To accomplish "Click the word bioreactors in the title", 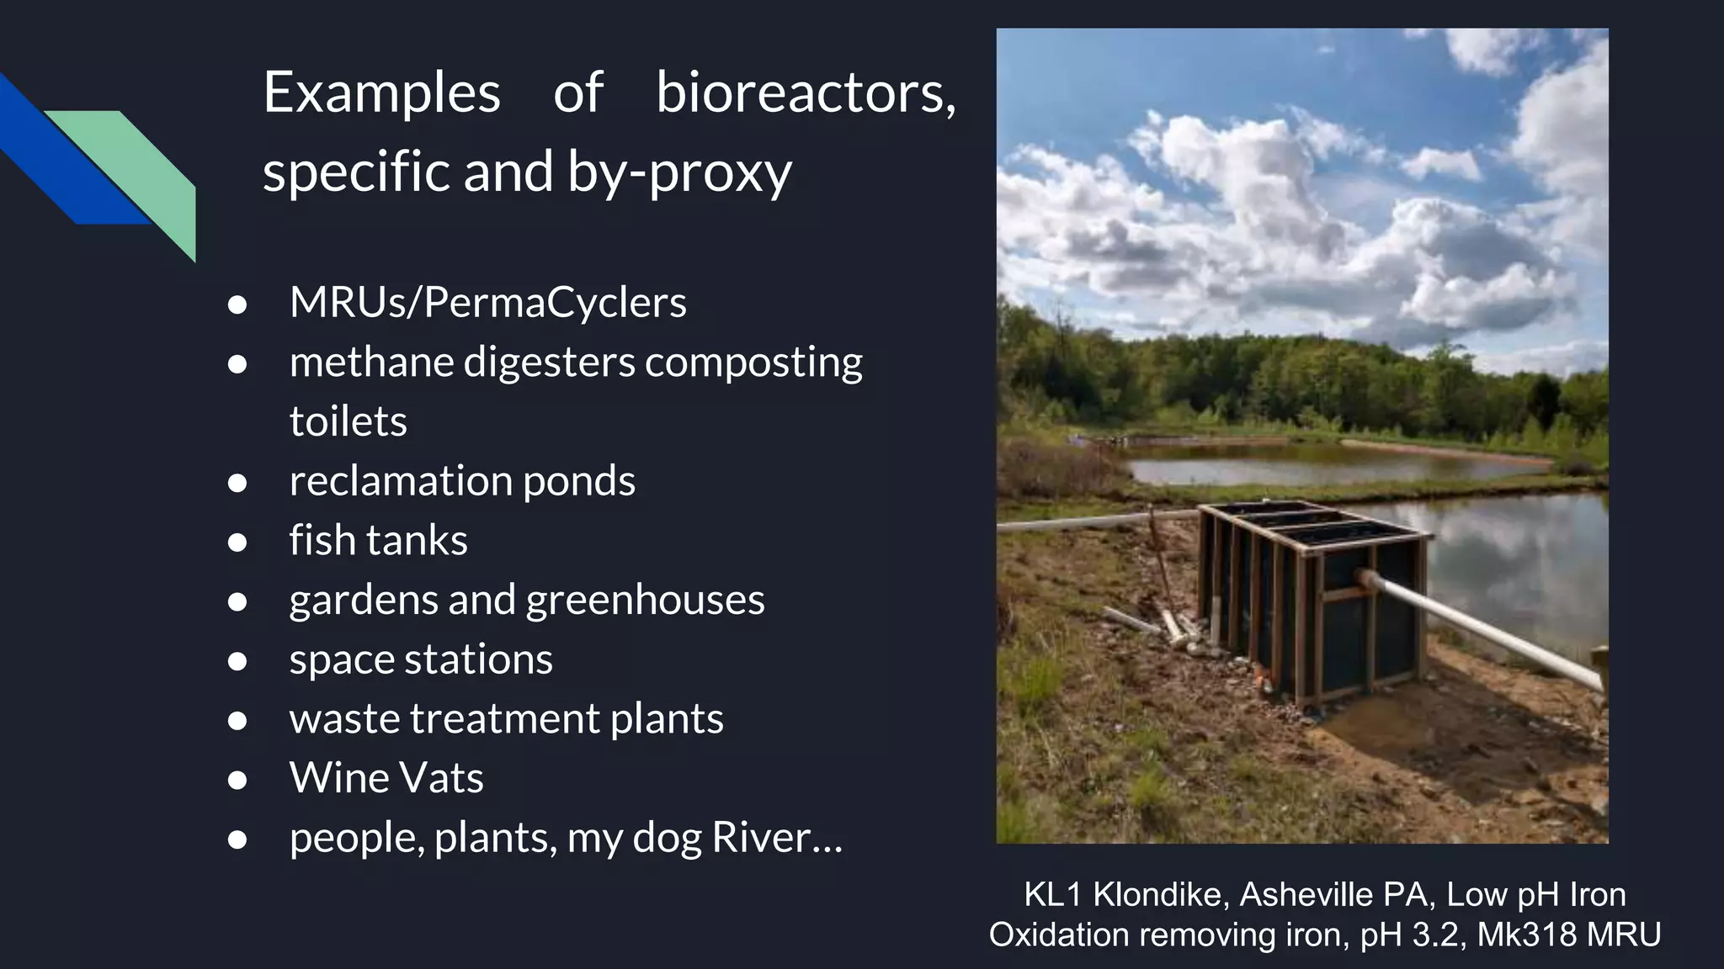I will pyautogui.click(x=805, y=93).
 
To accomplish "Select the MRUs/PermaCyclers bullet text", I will pyautogui.click(x=487, y=302).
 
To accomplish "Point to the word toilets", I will pyautogui.click(x=348, y=421).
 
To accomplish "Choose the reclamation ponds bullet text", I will pyautogui.click(x=461, y=481).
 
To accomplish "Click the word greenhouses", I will pyautogui.click(x=645, y=600).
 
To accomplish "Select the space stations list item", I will pyautogui.click(x=421, y=659).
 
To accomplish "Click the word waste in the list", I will pyautogui.click(x=343, y=719).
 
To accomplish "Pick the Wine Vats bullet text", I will pyautogui.click(x=386, y=778).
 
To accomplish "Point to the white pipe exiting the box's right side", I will pyautogui.click(x=1482, y=627).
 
